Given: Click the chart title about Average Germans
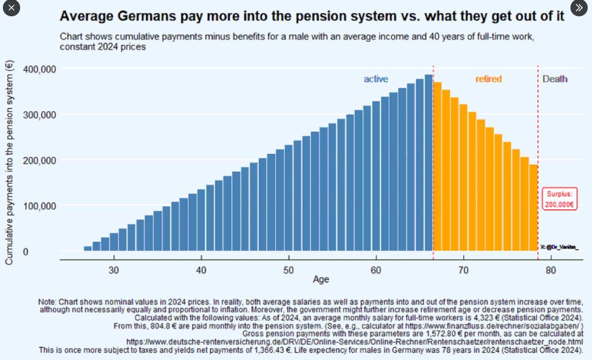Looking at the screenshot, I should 312,16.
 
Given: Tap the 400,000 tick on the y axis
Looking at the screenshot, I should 39,69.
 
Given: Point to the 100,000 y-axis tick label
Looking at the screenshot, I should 39,206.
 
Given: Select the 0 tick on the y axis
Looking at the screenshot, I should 26,251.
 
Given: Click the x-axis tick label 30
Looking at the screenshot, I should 114,270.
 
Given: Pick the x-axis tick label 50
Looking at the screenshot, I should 289,270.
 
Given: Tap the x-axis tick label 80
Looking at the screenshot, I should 551,270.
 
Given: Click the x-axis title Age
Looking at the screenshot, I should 321,279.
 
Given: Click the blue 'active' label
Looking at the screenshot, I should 376,79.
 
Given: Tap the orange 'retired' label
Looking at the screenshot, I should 488,79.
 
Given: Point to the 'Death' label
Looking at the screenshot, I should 555,79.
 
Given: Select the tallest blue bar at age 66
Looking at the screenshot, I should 428,163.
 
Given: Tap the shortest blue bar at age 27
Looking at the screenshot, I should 87,248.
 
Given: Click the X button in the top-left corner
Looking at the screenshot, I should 12,8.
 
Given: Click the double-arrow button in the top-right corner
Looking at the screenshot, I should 579,8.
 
